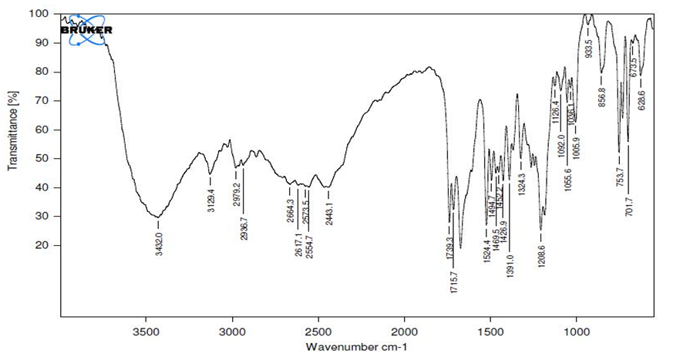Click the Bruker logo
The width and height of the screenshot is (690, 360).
point(86,29)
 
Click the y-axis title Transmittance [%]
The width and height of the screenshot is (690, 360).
point(12,130)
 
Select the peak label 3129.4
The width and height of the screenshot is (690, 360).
point(210,199)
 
